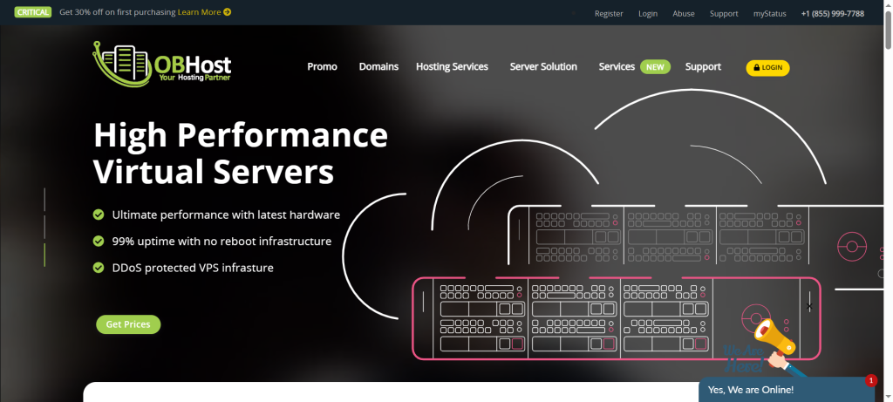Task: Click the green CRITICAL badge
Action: click(32, 13)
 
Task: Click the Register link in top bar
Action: click(609, 14)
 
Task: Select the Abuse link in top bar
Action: click(684, 14)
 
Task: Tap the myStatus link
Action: click(770, 14)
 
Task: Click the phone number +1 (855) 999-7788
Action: click(832, 14)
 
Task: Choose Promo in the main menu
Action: click(322, 67)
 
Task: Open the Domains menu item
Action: click(378, 67)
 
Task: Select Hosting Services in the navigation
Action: click(452, 67)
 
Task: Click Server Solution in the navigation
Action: click(543, 67)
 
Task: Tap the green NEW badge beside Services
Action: click(655, 67)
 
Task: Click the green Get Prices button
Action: click(128, 324)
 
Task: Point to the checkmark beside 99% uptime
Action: click(99, 241)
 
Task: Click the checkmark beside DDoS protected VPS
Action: click(99, 268)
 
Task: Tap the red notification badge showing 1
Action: click(870, 380)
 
